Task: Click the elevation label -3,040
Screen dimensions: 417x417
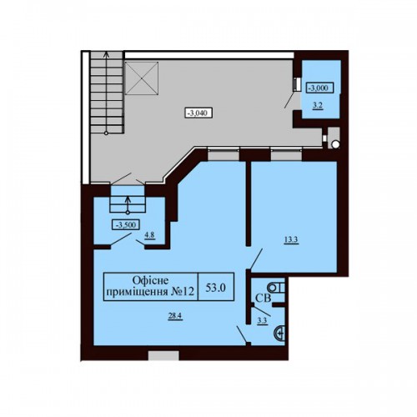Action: (198, 113)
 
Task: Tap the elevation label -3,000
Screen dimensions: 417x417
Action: (319, 88)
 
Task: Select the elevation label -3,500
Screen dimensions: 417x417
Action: (125, 224)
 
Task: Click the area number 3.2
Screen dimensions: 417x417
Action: (318, 105)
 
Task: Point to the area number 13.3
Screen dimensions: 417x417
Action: (291, 240)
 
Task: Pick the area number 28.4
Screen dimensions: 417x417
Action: (175, 315)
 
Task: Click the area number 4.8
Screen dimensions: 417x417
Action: (149, 235)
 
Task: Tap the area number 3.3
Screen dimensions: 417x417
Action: (262, 321)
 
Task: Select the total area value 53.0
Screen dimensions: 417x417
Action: (215, 288)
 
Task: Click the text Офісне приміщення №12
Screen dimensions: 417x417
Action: (151, 286)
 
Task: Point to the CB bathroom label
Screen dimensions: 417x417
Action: (263, 299)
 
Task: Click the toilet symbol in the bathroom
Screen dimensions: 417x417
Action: (276, 288)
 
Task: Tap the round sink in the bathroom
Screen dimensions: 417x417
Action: (279, 333)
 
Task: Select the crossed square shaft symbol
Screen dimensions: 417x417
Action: (142, 78)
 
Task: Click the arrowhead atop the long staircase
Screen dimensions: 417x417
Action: (106, 54)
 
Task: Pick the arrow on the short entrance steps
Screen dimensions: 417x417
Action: (128, 205)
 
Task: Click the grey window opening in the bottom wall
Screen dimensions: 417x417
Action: (163, 355)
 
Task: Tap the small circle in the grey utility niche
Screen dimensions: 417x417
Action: (335, 144)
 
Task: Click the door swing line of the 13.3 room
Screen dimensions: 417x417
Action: (256, 259)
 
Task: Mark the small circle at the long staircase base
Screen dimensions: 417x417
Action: (106, 133)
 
